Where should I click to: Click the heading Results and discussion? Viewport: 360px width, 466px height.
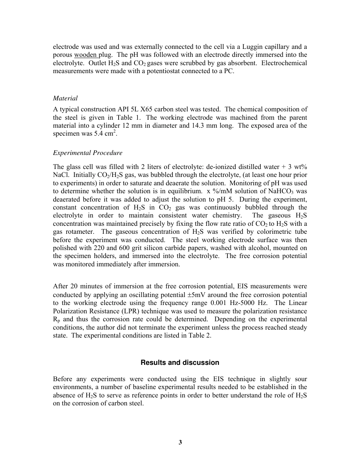(180, 363)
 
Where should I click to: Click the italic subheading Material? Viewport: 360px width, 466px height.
(65, 98)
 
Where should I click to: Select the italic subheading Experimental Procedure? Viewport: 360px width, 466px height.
(88, 153)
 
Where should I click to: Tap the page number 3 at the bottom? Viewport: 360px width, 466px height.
(180, 442)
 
